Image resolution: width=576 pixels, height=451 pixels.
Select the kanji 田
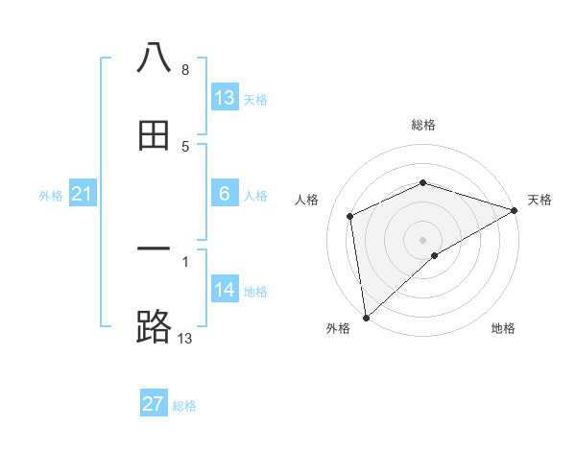click(x=155, y=136)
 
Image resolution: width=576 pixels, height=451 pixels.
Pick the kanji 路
click(x=155, y=327)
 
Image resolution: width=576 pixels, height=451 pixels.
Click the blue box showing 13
click(x=225, y=98)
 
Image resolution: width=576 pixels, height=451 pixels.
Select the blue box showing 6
click(x=225, y=194)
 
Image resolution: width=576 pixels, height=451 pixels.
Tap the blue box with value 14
click(x=225, y=290)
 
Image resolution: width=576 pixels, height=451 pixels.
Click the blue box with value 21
click(x=82, y=194)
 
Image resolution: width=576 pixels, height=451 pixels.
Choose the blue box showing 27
click(x=154, y=404)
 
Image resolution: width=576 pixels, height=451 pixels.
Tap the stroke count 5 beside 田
click(x=185, y=146)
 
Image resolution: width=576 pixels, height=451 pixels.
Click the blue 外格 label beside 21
click(x=51, y=195)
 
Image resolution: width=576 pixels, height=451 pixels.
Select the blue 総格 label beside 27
click(x=185, y=406)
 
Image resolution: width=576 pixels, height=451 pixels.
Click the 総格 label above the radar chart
click(x=423, y=125)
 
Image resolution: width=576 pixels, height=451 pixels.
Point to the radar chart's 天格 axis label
click(x=540, y=200)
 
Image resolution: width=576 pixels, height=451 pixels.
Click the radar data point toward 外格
click(x=366, y=318)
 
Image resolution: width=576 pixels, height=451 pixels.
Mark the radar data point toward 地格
click(x=435, y=255)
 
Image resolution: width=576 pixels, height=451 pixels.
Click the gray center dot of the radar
click(x=423, y=239)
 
